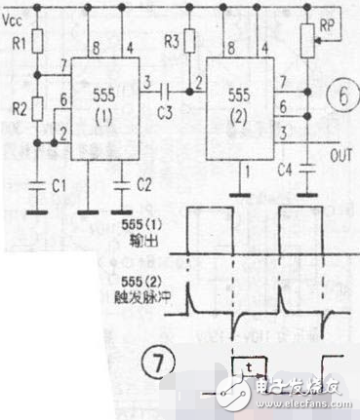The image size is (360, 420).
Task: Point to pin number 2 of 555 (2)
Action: (199, 79)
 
